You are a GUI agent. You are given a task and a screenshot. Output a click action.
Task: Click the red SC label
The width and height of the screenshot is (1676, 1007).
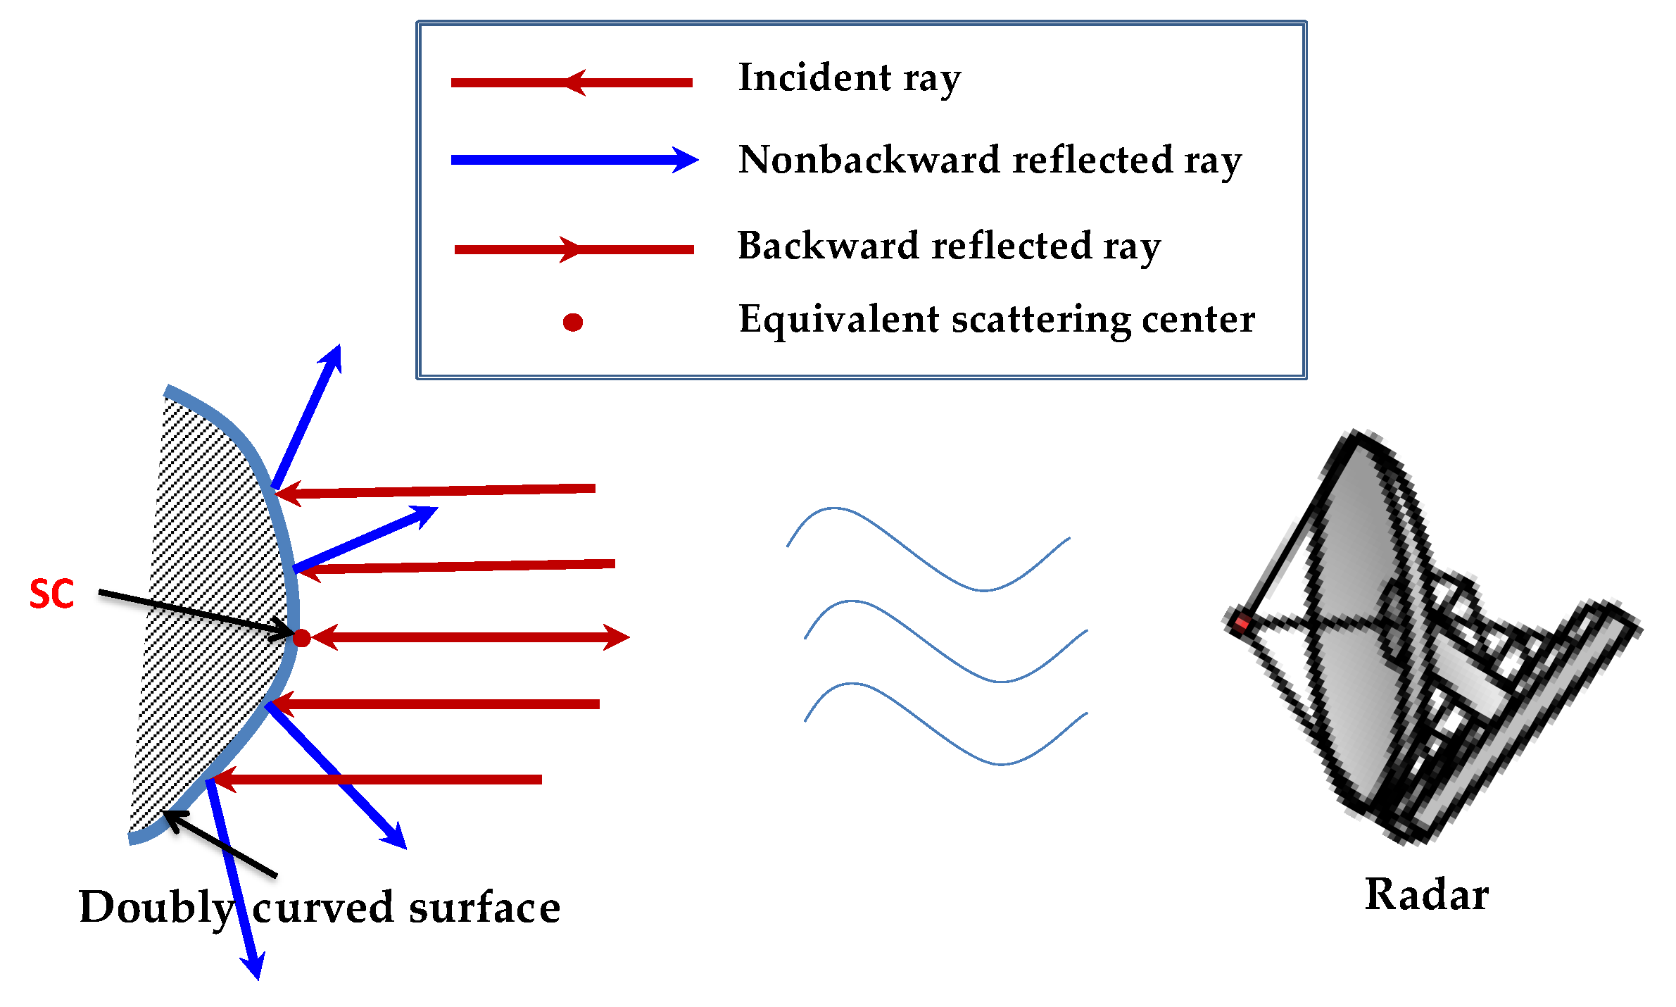coord(51,594)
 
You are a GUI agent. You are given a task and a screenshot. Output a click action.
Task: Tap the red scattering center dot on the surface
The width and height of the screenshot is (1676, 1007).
coord(301,638)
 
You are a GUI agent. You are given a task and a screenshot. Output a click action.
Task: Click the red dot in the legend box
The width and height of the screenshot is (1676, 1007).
coord(573,323)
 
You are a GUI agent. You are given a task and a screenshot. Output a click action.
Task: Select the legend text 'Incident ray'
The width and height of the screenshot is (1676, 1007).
coord(849,78)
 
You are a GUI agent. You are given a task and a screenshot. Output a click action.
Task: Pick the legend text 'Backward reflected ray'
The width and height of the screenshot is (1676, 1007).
coord(949,246)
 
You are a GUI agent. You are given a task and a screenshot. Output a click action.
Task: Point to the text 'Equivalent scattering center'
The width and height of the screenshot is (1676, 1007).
coord(996,320)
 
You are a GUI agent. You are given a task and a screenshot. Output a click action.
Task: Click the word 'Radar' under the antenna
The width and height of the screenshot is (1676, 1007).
coord(1426,895)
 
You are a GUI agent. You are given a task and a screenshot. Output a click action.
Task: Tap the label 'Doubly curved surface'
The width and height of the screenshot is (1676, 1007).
coord(319,908)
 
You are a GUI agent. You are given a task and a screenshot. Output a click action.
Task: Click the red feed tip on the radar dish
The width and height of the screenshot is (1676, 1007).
coord(1241,623)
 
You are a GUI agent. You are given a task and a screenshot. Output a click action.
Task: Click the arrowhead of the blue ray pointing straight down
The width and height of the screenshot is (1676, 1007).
coord(255,968)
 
